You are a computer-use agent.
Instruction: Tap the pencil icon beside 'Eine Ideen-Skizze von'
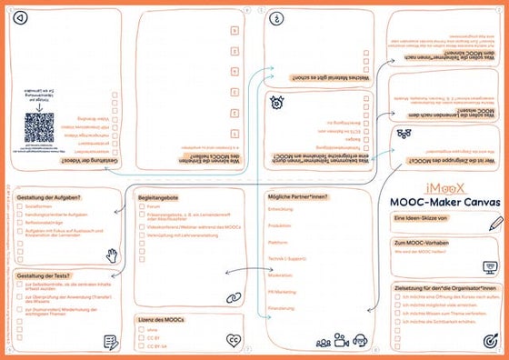(x=494, y=223)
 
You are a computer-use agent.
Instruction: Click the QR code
(x=40, y=126)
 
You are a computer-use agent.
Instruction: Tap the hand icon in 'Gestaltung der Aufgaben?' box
(x=113, y=254)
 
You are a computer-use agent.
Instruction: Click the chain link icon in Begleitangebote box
(x=232, y=296)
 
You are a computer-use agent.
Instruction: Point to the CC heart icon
(x=235, y=341)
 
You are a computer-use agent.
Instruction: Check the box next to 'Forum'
(x=142, y=207)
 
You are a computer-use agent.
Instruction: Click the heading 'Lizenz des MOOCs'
(x=164, y=320)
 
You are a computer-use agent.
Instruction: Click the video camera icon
(x=342, y=341)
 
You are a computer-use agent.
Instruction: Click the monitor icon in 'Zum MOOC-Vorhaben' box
(x=490, y=267)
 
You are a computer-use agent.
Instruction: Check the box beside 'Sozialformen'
(x=20, y=207)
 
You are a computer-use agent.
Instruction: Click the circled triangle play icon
(x=21, y=17)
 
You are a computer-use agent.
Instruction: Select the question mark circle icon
(x=275, y=17)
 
